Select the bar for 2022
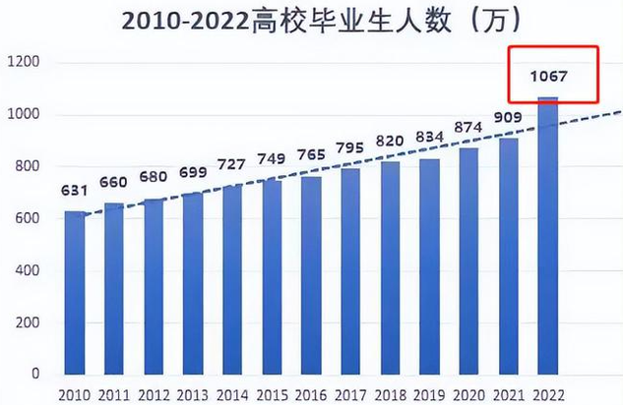tap(547, 236)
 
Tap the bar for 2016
tap(311, 275)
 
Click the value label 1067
tap(547, 75)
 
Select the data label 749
tap(272, 159)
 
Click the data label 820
tap(390, 142)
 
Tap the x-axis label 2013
tap(193, 394)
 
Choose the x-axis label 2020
tap(468, 394)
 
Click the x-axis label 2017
tap(350, 394)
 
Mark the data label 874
tap(468, 128)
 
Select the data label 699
tap(193, 173)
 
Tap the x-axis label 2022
tap(547, 394)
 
